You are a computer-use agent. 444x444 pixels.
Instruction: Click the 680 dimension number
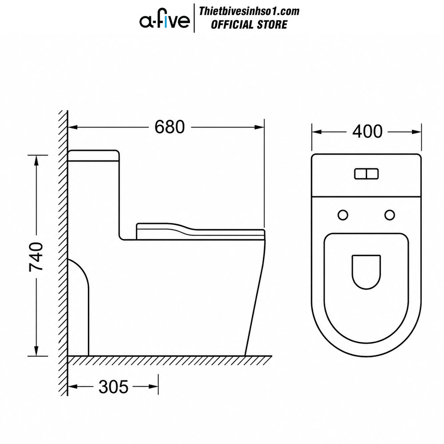(x=169, y=127)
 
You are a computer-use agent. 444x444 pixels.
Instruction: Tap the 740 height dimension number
(x=36, y=257)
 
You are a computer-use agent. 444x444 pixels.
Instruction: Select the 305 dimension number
(x=113, y=387)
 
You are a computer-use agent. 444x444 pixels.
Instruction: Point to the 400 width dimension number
(x=367, y=132)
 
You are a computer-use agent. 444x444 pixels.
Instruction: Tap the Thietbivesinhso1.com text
(x=249, y=12)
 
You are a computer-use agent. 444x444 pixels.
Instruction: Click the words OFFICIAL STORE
(x=249, y=24)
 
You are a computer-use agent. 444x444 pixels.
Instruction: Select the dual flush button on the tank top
(x=366, y=174)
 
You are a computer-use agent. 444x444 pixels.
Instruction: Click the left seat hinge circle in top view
(x=343, y=215)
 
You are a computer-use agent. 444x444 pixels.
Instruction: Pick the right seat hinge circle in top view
(x=390, y=215)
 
